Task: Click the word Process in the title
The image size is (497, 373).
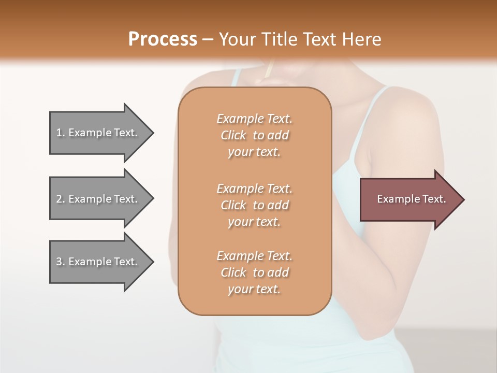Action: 163,39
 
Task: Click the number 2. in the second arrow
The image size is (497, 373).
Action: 61,199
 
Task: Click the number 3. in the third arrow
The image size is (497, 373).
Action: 61,262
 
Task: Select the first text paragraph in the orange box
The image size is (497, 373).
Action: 254,135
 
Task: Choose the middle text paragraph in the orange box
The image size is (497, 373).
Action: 254,205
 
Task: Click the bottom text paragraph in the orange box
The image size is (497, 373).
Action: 254,272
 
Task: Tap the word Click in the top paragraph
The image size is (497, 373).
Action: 233,135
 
